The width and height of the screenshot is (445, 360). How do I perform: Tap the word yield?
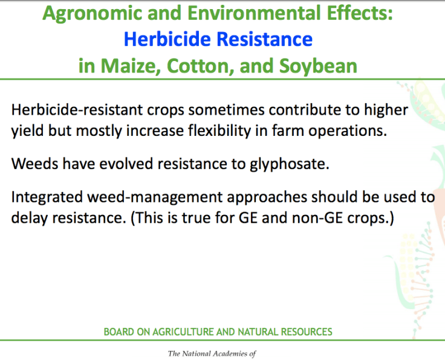coord(27,130)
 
